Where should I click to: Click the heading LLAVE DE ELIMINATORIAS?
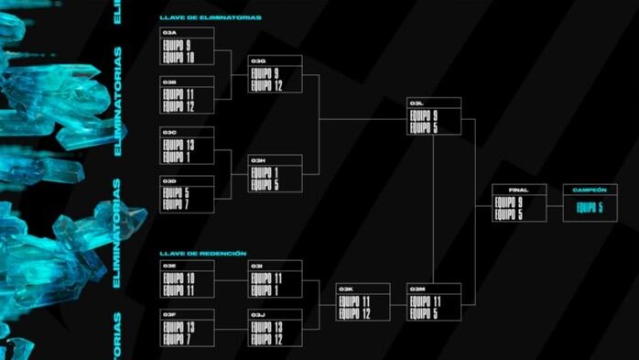pyautogui.click(x=210, y=17)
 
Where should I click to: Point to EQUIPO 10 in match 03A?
pyautogui.click(x=179, y=58)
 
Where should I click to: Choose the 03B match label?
pyautogui.click(x=169, y=82)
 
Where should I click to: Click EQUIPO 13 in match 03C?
pyautogui.click(x=179, y=146)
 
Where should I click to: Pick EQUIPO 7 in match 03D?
pyautogui.click(x=177, y=204)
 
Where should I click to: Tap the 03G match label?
pyautogui.click(x=258, y=60)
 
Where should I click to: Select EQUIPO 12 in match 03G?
pyautogui.click(x=266, y=86)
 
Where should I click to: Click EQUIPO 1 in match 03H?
pyautogui.click(x=265, y=171)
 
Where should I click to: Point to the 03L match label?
pyautogui.click(x=417, y=103)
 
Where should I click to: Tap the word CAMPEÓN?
pyautogui.click(x=589, y=190)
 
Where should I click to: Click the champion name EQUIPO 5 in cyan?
pyautogui.click(x=590, y=208)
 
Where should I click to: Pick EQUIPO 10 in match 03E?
pyautogui.click(x=179, y=278)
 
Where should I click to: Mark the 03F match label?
pyautogui.click(x=169, y=314)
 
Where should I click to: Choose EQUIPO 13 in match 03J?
pyautogui.click(x=266, y=327)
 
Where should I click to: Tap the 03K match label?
pyautogui.click(x=346, y=289)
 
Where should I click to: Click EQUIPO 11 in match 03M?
pyautogui.click(x=425, y=301)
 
